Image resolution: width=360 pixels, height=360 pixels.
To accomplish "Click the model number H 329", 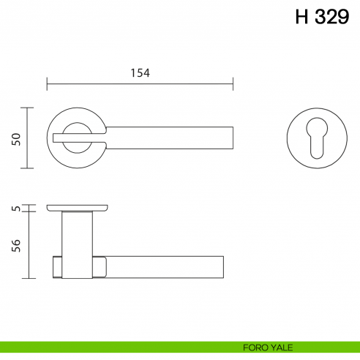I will tap(321, 18).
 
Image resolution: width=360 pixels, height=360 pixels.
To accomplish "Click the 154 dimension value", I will tap(139, 72).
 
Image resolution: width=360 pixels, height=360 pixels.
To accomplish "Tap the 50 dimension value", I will tap(15, 138).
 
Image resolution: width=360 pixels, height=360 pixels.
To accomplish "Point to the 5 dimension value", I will tap(15, 209).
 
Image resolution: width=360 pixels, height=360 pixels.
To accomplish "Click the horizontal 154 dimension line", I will tap(139, 82).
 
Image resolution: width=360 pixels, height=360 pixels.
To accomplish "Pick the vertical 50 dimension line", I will tap(28, 138).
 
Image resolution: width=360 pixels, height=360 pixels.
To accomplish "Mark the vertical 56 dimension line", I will tap(28, 245).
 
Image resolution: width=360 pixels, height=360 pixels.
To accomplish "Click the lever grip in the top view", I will tap(176, 137).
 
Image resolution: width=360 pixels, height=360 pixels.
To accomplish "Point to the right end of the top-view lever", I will tap(230, 137).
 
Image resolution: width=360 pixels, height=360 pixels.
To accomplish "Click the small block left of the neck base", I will tap(57, 269).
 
